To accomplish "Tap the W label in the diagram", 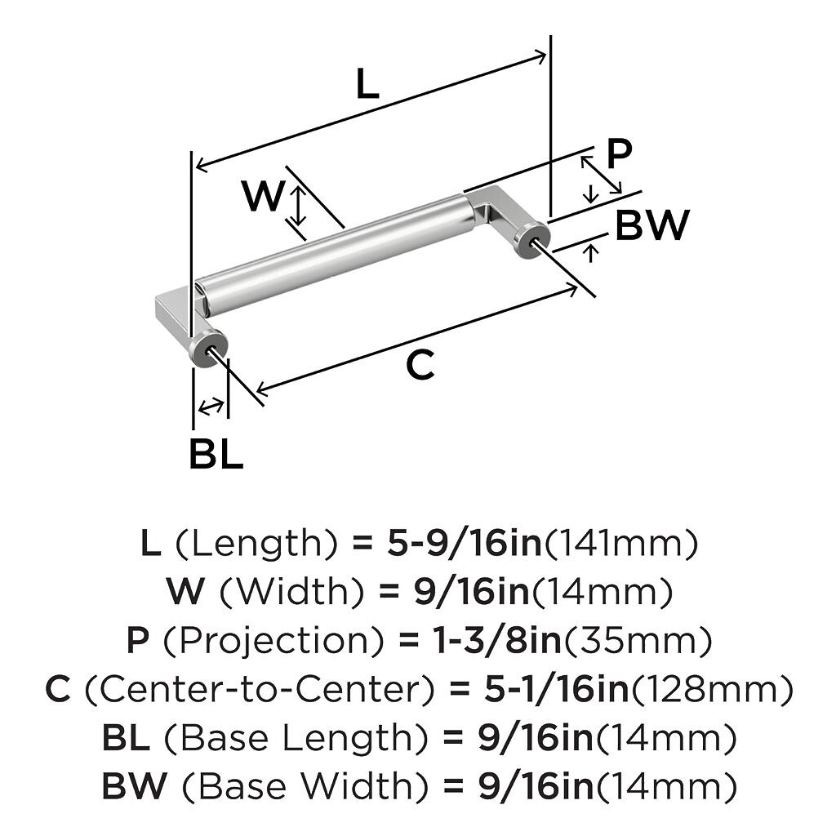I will pyautogui.click(x=263, y=197).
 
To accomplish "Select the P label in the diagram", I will pyautogui.click(x=620, y=153).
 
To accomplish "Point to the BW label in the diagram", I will pyautogui.click(x=651, y=225).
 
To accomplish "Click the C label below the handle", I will pyautogui.click(x=420, y=367).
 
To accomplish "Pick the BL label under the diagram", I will pyautogui.click(x=216, y=455).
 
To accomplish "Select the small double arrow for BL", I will pyautogui.click(x=211, y=406).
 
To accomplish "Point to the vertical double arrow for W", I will pyautogui.click(x=299, y=206).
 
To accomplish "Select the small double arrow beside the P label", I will pyautogui.click(x=601, y=173).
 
